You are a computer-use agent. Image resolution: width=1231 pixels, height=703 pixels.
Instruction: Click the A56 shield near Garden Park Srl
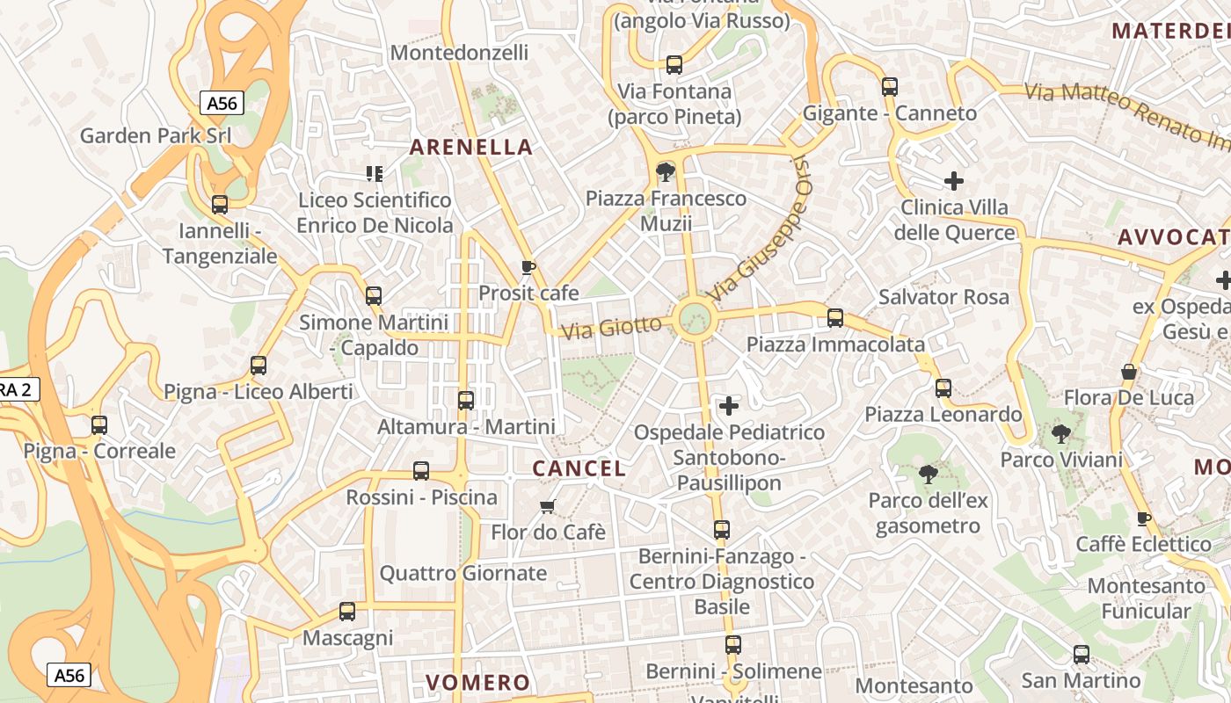[222, 103]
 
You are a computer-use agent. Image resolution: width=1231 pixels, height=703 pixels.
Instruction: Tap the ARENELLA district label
[471, 147]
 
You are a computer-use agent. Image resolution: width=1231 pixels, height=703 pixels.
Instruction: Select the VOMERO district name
[478, 682]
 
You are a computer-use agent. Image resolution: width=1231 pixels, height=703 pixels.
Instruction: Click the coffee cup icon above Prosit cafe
[528, 267]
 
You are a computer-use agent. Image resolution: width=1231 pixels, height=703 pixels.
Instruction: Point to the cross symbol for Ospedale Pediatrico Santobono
[729, 406]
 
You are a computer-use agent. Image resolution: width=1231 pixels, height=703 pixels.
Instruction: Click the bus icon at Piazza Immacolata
[835, 318]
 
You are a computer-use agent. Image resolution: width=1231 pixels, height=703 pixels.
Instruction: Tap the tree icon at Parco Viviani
[1061, 433]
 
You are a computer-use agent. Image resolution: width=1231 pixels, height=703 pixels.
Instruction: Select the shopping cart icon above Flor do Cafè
[548, 506]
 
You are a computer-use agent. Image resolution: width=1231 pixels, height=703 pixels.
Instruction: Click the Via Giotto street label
[611, 328]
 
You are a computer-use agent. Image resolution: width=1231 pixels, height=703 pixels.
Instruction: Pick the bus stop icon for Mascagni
[347, 612]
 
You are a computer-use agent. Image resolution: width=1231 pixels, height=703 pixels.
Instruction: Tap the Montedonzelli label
[459, 52]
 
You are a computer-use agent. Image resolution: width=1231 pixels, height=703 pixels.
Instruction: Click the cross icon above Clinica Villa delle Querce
[954, 182]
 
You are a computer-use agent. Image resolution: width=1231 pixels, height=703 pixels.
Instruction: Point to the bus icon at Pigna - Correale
[99, 425]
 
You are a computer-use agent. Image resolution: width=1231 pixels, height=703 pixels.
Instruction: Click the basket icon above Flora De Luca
[1129, 372]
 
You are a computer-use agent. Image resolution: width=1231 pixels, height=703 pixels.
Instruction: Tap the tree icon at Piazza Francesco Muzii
[666, 171]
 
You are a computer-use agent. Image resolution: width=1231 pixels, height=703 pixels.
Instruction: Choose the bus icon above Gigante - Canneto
[890, 87]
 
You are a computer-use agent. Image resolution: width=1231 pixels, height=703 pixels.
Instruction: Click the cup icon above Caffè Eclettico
[1143, 518]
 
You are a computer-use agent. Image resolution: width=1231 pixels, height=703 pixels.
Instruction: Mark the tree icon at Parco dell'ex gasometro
[927, 475]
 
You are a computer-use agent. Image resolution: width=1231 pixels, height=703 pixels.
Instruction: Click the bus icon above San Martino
[1082, 655]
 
